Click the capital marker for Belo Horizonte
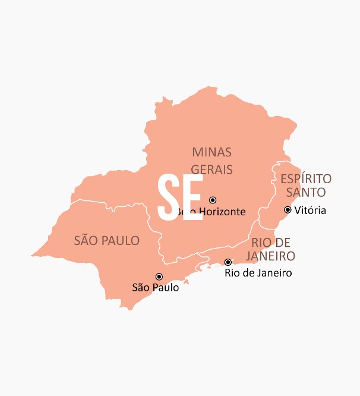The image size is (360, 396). [x=213, y=200]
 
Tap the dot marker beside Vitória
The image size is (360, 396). [x=288, y=209]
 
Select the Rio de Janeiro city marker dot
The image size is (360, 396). [x=228, y=262]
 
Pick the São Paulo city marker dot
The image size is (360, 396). [x=159, y=276]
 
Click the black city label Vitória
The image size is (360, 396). [x=310, y=210]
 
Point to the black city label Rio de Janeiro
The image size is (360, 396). [x=258, y=273]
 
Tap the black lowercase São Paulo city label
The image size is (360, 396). [x=155, y=287]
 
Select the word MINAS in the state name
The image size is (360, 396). [x=211, y=152]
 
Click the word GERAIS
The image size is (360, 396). [x=211, y=169]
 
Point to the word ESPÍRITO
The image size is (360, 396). [x=306, y=179]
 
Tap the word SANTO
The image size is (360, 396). [x=305, y=193]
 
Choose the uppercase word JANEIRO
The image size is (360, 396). [x=273, y=256]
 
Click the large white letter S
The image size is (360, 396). [x=169, y=198]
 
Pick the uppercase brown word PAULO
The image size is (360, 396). [x=122, y=241]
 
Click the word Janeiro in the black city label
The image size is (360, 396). [x=273, y=273]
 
